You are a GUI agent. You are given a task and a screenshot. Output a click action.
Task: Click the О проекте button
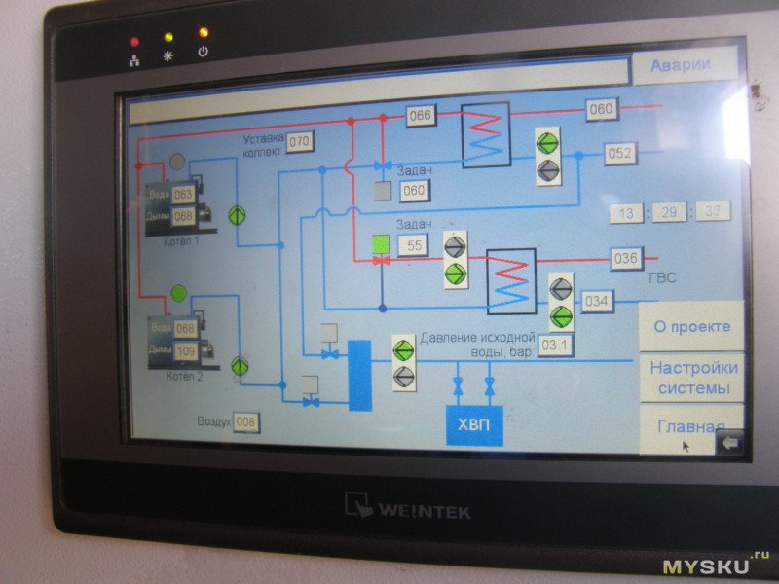[690, 326]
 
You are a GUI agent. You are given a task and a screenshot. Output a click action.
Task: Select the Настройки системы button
[693, 378]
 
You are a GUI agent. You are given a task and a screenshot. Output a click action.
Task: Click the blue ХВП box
[474, 424]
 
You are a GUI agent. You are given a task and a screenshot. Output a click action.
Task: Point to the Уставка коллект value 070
[299, 142]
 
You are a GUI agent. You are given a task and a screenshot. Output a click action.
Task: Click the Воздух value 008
[246, 421]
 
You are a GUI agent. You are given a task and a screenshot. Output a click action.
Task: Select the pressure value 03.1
[556, 346]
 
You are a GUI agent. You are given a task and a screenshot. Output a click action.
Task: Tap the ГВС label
[661, 278]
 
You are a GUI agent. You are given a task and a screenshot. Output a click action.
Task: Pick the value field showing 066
[420, 116]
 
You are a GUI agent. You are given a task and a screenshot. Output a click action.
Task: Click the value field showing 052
[619, 154]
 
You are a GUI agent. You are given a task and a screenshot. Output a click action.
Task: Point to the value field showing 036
[625, 259]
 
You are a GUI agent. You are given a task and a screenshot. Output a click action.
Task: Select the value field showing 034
[597, 302]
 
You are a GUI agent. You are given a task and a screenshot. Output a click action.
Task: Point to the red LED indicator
[134, 42]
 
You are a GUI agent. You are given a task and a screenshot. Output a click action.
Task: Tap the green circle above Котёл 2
[178, 292]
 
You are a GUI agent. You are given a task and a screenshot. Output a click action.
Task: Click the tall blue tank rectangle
[360, 375]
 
